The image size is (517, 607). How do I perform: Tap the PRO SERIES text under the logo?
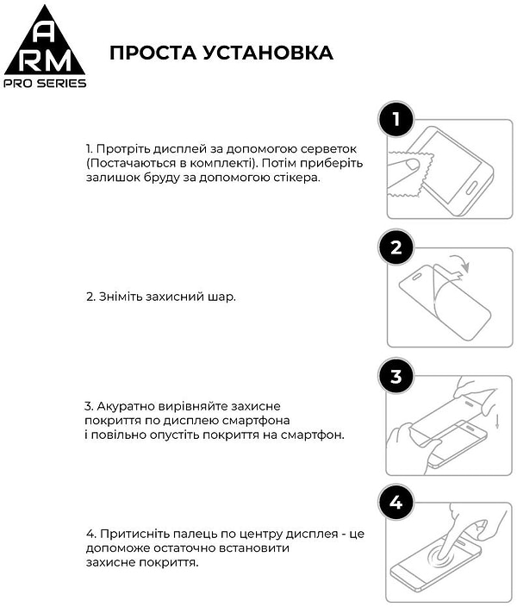(x=46, y=83)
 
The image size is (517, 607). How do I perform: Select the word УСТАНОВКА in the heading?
(x=272, y=53)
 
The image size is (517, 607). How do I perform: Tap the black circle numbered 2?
(x=396, y=248)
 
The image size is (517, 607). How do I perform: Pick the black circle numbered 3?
(x=396, y=376)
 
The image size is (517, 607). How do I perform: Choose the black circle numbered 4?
(x=396, y=504)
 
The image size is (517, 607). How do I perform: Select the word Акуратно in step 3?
(x=124, y=405)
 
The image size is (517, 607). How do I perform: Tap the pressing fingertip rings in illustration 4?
(x=445, y=561)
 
